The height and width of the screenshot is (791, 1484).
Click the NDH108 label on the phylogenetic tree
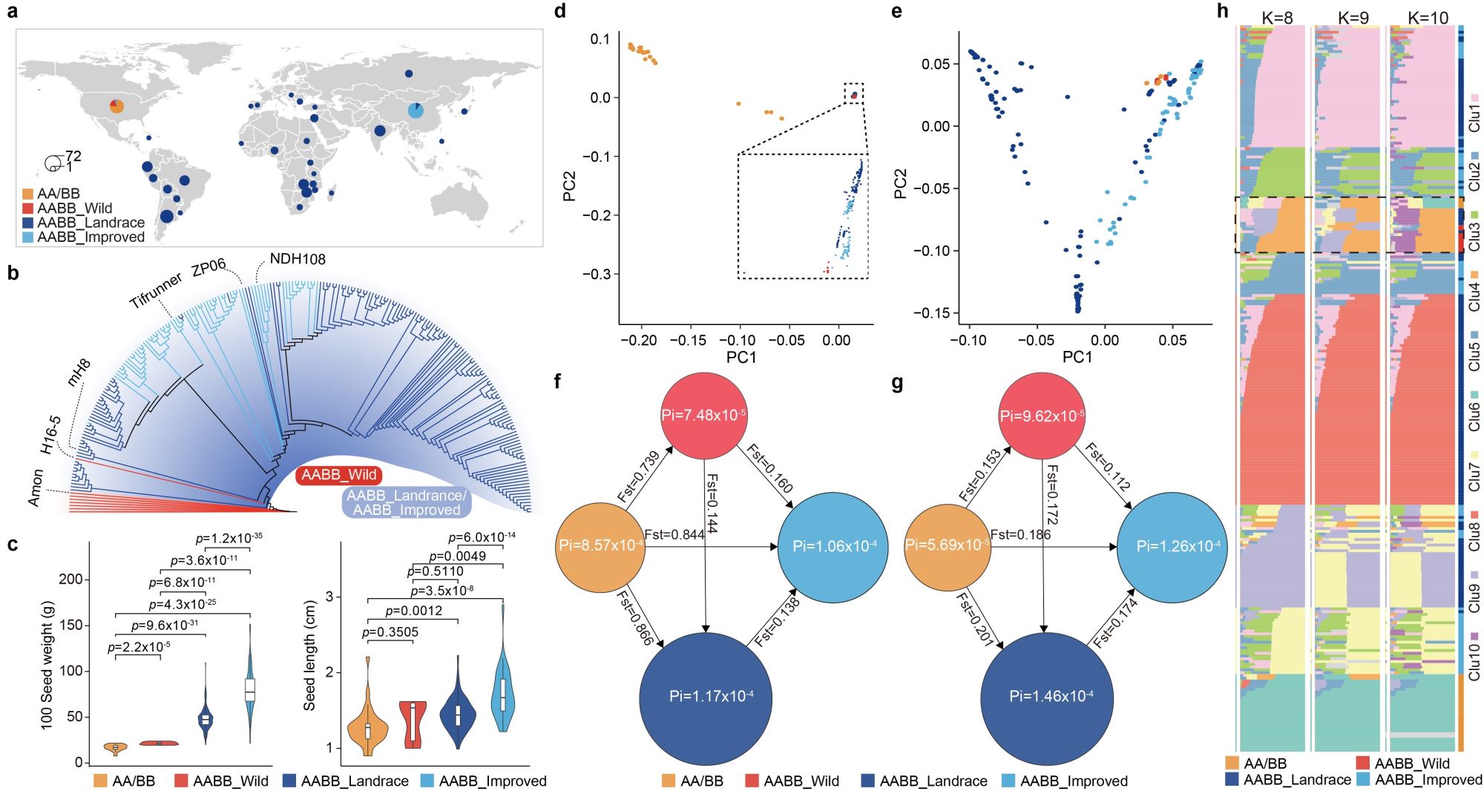click(x=297, y=259)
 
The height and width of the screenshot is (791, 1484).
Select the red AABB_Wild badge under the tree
click(x=339, y=475)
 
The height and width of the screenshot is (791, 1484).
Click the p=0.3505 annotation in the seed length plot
click(x=390, y=632)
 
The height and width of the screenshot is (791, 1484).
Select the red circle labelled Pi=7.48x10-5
click(x=704, y=415)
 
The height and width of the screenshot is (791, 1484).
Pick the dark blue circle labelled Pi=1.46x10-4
click(x=1046, y=696)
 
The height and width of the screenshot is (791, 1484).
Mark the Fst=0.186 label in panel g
click(x=1020, y=534)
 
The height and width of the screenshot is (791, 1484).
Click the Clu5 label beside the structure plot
click(x=1474, y=356)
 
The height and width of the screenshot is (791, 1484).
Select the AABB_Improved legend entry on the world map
click(x=91, y=237)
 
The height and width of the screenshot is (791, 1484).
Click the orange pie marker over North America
click(x=116, y=106)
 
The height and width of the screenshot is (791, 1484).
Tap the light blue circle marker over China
click(x=416, y=111)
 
